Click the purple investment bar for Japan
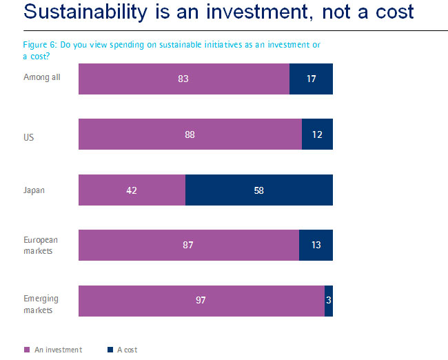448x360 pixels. (132, 190)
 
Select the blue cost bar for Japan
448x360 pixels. (259, 190)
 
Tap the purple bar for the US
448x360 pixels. (190, 134)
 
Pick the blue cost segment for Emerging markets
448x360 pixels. (329, 301)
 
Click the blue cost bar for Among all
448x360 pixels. (311, 79)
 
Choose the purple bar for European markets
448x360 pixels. (189, 245)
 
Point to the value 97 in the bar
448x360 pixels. (201, 301)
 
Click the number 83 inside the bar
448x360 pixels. (183, 79)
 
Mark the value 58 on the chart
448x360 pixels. (258, 190)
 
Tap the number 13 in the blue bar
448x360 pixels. (316, 245)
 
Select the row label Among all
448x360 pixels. (42, 77)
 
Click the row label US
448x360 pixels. (29, 137)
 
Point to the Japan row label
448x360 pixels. (34, 190)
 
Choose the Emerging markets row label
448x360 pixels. (41, 303)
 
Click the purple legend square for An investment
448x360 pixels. (28, 350)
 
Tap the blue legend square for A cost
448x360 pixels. (111, 350)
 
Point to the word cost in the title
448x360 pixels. (389, 12)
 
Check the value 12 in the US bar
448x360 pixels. (317, 134)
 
